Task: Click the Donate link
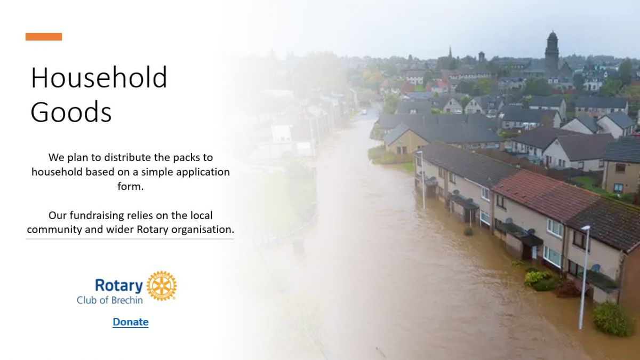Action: tap(131, 322)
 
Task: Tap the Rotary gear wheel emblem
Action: tap(162, 286)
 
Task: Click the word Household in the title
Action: tap(99, 77)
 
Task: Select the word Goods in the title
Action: tap(71, 111)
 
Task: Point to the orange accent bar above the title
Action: tap(44, 37)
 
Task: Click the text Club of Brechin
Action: tap(110, 300)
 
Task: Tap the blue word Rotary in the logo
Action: tap(119, 285)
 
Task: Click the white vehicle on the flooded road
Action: tap(364, 112)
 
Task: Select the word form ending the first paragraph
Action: tap(130, 186)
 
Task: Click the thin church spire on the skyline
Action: tap(450, 53)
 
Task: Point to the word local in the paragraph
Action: tap(202, 215)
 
